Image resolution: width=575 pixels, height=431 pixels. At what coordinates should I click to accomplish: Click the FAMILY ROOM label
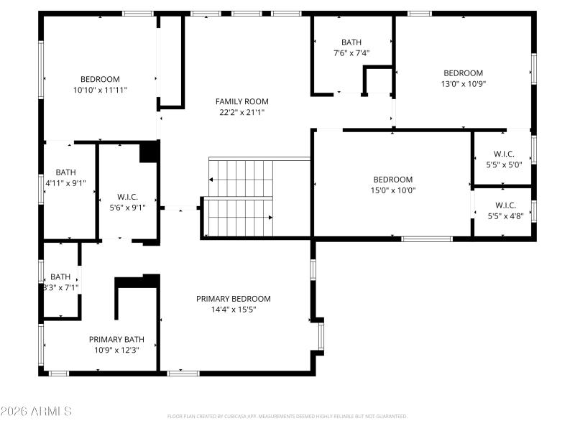pos(241,101)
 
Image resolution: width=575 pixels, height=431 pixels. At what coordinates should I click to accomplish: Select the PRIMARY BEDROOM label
pos(234,299)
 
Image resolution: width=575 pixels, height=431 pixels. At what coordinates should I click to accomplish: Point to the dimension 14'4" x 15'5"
pos(234,310)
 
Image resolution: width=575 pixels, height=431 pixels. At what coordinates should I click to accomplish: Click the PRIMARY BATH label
pos(116,339)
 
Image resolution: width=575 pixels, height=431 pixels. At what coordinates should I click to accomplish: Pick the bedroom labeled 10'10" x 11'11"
pos(100,85)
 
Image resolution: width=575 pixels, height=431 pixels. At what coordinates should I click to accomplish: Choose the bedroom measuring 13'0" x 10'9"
pos(462,78)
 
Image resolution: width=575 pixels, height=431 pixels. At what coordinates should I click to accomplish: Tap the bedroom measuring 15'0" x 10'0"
pos(392,185)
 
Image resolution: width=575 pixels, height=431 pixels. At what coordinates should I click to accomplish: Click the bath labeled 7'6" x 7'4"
pos(351,47)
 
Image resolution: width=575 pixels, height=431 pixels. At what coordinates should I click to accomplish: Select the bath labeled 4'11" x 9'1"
pos(65,177)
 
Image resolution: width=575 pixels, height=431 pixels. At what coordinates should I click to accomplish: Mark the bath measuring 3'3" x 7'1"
pos(60,282)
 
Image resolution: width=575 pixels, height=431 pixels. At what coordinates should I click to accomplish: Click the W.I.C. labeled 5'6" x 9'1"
pos(127,202)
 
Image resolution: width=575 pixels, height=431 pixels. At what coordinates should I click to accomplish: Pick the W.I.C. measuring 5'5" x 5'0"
pos(504,159)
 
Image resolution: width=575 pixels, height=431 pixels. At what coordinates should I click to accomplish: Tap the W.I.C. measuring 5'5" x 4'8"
pos(504,210)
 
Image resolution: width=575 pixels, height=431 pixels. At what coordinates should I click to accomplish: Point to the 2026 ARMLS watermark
pos(36,412)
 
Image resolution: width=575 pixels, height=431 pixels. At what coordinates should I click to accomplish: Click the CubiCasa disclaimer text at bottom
pos(287,416)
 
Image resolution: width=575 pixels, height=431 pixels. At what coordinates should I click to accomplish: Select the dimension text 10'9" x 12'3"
pos(116,350)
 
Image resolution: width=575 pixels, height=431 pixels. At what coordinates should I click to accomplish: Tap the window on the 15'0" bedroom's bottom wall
pos(426,238)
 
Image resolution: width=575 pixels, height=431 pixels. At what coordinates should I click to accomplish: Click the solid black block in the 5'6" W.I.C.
pos(149,151)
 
